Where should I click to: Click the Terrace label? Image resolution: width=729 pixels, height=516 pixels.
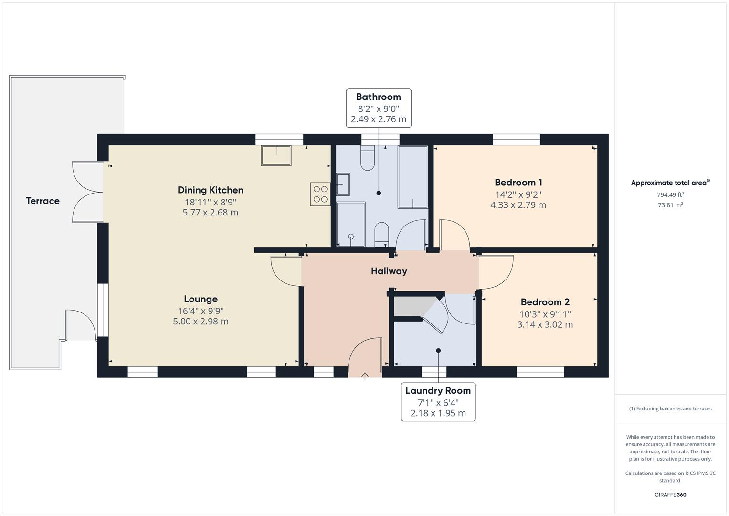pyautogui.click(x=42, y=201)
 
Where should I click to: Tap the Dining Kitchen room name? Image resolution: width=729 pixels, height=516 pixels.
pyautogui.click(x=211, y=190)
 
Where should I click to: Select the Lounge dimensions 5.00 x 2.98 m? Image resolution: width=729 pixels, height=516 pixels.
pyautogui.click(x=201, y=322)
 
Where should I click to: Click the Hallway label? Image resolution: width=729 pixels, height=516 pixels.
pyautogui.click(x=389, y=271)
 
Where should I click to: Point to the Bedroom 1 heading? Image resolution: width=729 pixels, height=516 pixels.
pyautogui.click(x=518, y=182)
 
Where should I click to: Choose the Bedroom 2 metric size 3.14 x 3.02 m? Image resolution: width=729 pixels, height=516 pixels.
pyautogui.click(x=545, y=324)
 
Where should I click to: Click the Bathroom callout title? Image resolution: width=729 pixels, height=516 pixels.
pyautogui.click(x=378, y=97)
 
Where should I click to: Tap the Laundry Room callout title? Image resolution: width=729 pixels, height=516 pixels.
pyautogui.click(x=438, y=390)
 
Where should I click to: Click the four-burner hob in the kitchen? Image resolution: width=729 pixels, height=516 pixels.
pyautogui.click(x=320, y=194)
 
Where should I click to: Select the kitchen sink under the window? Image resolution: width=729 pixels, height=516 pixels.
pyautogui.click(x=276, y=155)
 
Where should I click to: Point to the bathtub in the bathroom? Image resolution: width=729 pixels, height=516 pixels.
pyautogui.click(x=413, y=177)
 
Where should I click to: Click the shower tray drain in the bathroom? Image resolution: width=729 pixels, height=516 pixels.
pyautogui.click(x=351, y=236)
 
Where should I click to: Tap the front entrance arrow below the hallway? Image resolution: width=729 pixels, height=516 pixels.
pyautogui.click(x=365, y=376)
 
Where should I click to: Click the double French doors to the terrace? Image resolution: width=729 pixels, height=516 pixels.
pyautogui.click(x=87, y=192)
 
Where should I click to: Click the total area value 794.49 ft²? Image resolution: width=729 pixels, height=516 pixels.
pyautogui.click(x=670, y=194)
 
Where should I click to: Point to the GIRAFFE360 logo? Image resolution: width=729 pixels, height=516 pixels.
pyautogui.click(x=670, y=494)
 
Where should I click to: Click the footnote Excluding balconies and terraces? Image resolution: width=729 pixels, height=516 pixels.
pyautogui.click(x=670, y=408)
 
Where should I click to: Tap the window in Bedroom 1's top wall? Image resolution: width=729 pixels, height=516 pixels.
pyautogui.click(x=516, y=139)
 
